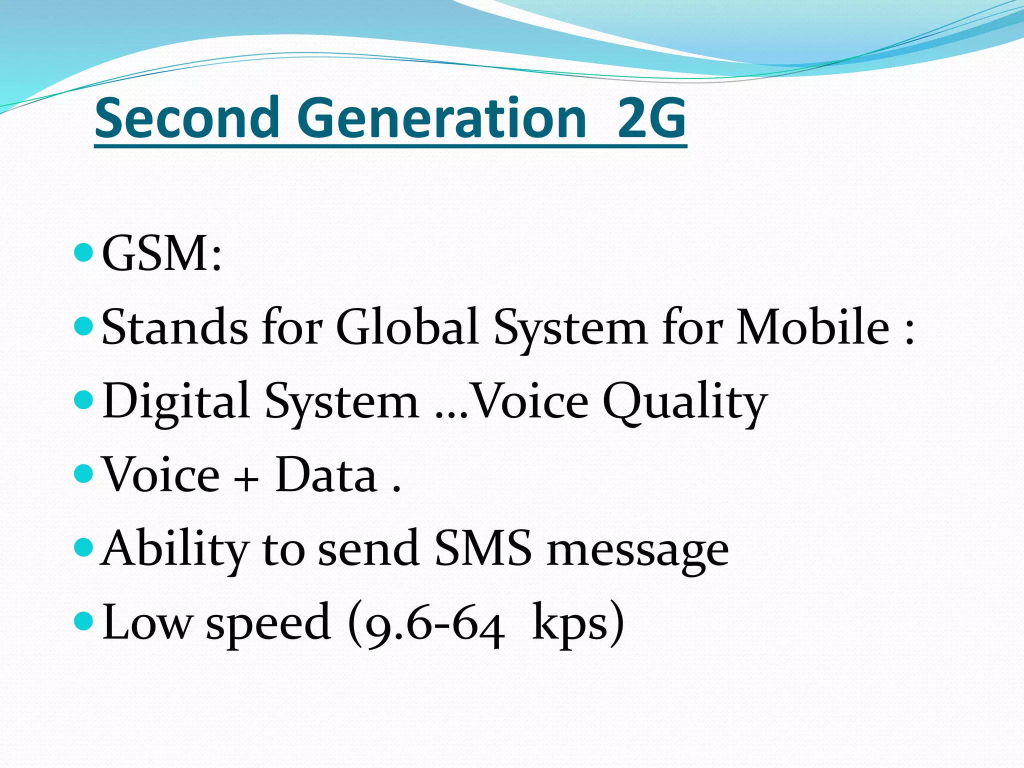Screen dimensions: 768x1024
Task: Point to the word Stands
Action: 174,327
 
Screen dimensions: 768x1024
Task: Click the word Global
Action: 407,327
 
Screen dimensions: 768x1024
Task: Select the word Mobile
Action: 812,327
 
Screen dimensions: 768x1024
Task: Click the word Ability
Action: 174,549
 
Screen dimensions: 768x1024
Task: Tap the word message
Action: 637,550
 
